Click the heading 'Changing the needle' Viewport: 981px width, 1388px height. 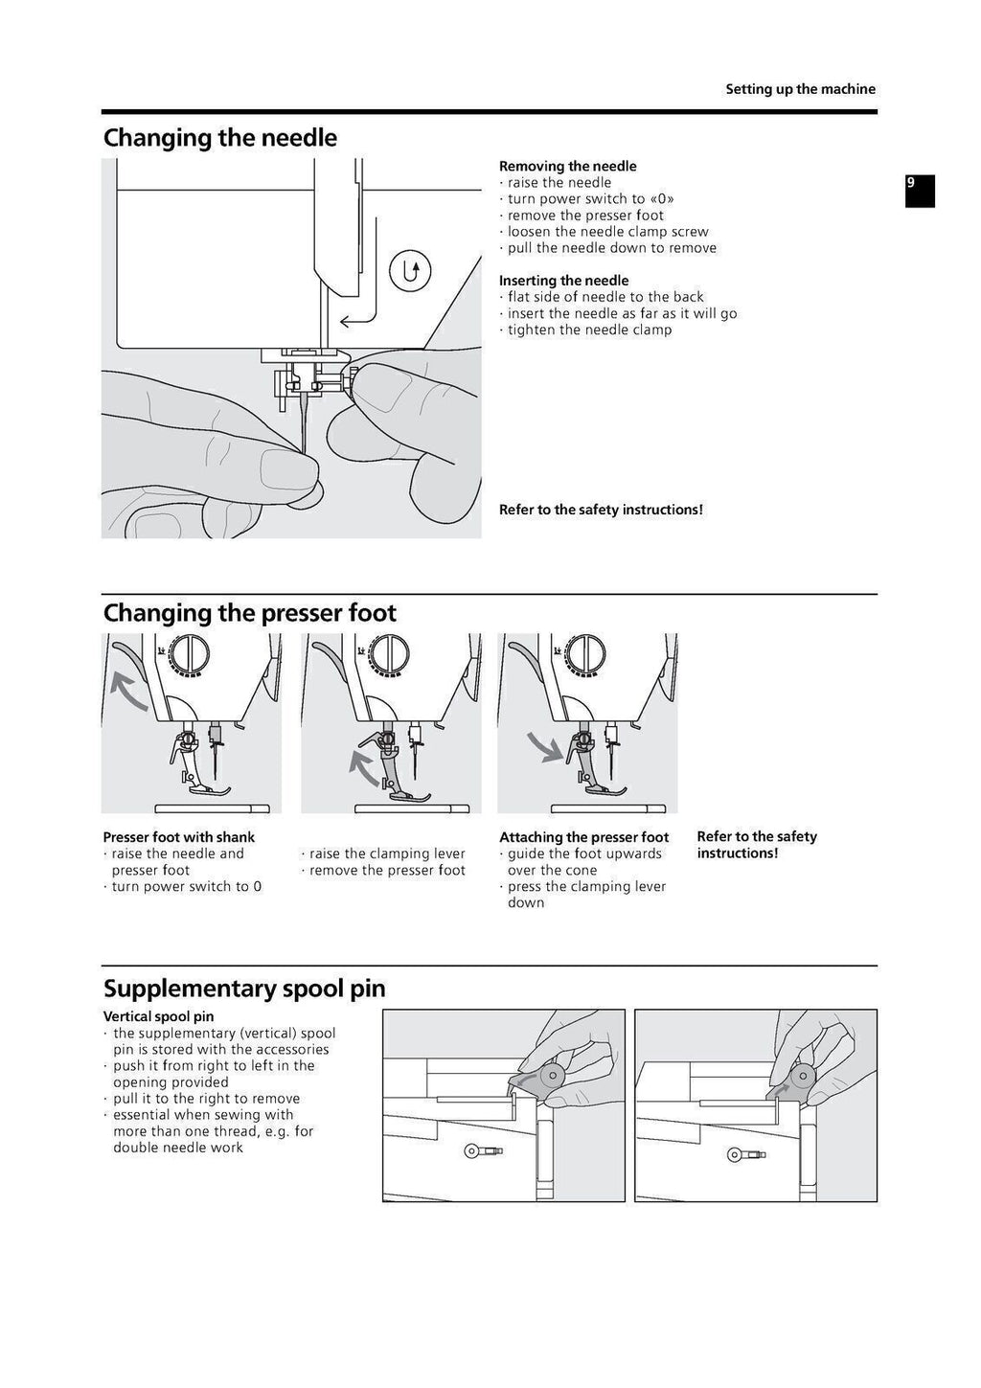tap(219, 138)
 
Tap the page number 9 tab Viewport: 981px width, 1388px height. tap(919, 190)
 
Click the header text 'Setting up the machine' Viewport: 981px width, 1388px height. tap(800, 89)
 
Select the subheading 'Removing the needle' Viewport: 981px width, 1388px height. tap(567, 166)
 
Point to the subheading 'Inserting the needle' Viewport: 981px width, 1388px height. tap(563, 281)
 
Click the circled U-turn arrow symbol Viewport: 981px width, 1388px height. tap(410, 271)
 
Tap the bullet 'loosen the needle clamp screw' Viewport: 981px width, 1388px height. tap(607, 232)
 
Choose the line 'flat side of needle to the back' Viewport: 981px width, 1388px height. tap(605, 297)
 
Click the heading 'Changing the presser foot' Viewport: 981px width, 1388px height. tap(249, 613)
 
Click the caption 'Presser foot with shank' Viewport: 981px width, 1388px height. tap(178, 837)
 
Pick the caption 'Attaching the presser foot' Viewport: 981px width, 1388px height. tap(583, 837)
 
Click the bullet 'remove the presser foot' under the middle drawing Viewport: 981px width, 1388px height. tap(386, 870)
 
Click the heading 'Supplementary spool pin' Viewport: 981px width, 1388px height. tap(244, 989)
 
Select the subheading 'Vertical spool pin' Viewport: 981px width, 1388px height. tap(158, 1016)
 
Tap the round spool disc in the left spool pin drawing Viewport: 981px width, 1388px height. tap(552, 1076)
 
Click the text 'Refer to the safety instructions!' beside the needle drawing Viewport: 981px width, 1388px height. tap(601, 510)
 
